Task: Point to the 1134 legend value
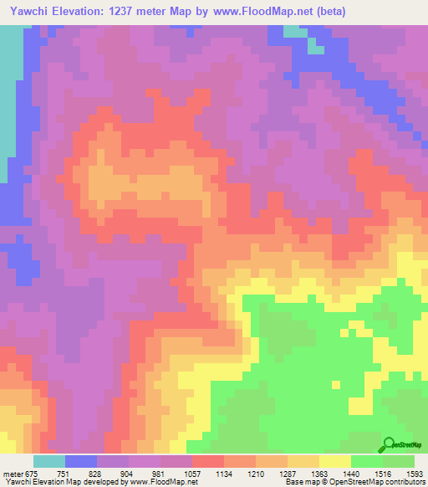[225, 474]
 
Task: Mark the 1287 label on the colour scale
[288, 474]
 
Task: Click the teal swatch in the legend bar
[49, 461]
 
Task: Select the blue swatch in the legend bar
[81, 461]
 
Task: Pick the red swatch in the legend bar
[208, 461]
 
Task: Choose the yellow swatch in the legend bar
[335, 461]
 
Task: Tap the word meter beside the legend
[13, 474]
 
